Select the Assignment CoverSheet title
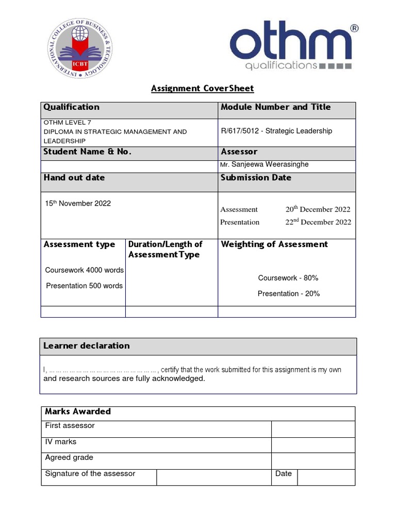202,88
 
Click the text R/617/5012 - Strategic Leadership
276,131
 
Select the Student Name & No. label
87,152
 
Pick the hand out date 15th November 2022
78,203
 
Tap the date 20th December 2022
318,209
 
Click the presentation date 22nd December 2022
318,222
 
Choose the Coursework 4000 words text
84,270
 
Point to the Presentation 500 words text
84,286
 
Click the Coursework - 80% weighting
288,278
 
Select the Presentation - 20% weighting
289,293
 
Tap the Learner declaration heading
87,346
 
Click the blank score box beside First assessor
312,429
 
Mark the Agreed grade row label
69,457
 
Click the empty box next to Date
326,477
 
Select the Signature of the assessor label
90,473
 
